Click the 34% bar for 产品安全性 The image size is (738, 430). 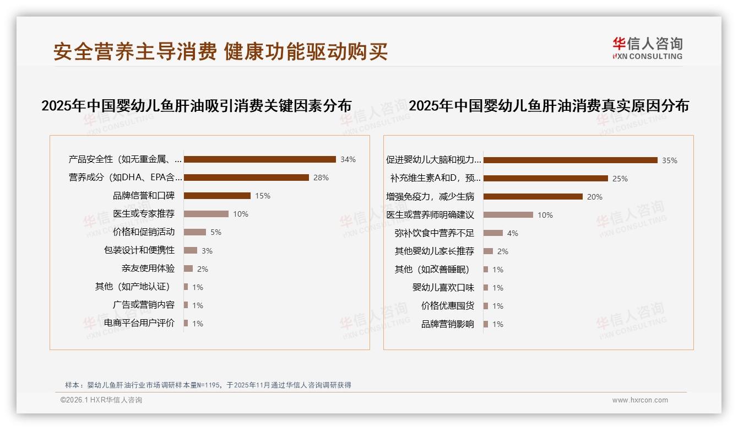click(259, 159)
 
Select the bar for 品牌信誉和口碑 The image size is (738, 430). click(217, 196)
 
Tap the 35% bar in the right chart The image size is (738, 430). click(570, 160)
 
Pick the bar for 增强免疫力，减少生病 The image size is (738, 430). click(533, 197)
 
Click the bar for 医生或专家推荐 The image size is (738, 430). click(206, 214)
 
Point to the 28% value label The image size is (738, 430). click(321, 178)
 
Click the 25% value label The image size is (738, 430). click(620, 179)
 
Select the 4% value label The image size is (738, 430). click(513, 233)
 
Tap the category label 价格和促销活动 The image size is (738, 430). click(144, 232)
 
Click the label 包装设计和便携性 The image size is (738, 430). click(139, 250)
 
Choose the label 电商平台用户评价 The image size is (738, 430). click(139, 323)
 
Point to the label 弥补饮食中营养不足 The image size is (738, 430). click(435, 233)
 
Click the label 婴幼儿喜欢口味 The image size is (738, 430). click(443, 288)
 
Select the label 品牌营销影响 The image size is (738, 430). click(448, 324)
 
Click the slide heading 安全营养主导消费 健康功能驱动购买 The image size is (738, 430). click(220, 51)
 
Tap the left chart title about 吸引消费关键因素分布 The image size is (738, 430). click(197, 106)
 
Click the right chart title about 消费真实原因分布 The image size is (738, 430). click(549, 106)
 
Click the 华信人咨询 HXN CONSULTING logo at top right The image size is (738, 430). click(648, 48)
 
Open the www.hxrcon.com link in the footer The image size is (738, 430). click(640, 400)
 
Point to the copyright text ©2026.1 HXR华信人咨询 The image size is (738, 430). click(101, 400)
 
